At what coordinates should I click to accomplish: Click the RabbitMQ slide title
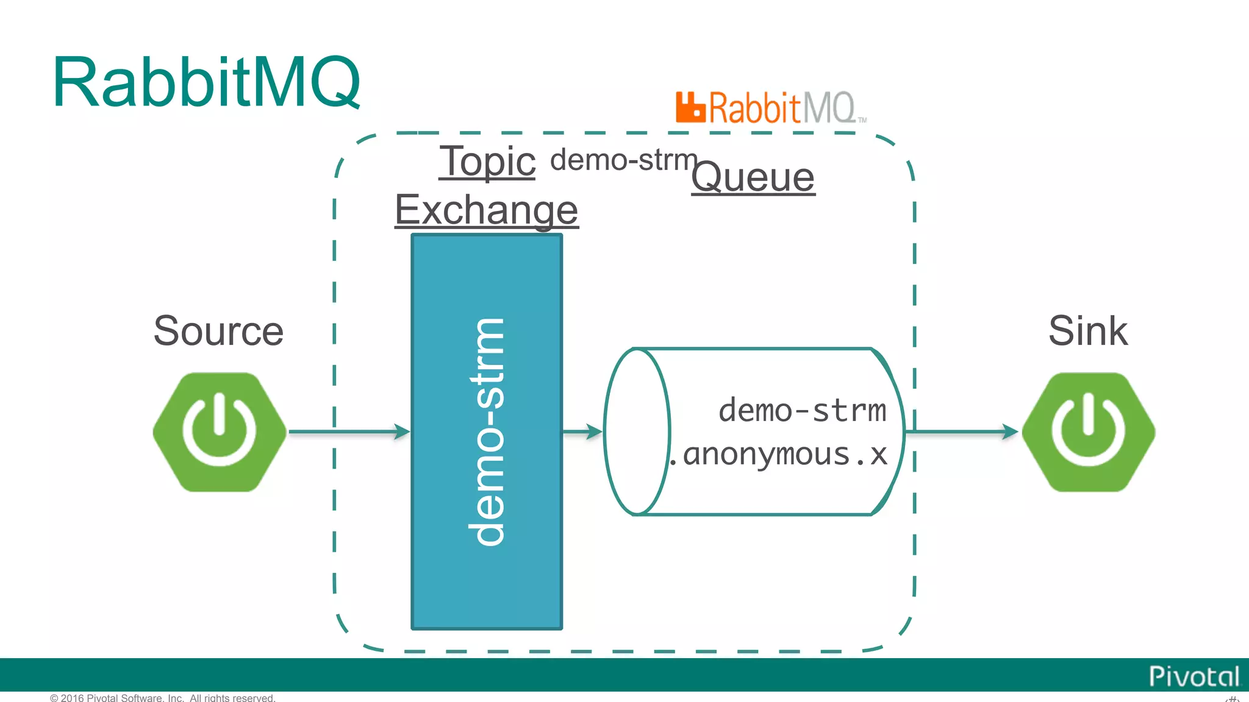[206, 82]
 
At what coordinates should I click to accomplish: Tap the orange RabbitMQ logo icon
[690, 107]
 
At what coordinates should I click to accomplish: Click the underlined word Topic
[487, 161]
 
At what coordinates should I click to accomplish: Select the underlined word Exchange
[486, 209]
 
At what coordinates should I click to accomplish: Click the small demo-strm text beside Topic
[623, 160]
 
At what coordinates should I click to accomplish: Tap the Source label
[218, 331]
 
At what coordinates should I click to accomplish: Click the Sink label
[1087, 331]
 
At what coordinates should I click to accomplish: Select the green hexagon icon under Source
[219, 431]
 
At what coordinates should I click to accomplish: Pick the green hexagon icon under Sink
[1088, 431]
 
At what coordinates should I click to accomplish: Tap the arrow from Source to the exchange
[348, 431]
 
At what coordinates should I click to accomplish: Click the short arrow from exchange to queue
[582, 431]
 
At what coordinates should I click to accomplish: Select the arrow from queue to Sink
[961, 431]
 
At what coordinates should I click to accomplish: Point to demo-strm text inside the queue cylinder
[802, 410]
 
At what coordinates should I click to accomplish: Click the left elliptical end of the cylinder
[637, 431]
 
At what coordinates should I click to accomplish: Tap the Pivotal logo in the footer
[1194, 676]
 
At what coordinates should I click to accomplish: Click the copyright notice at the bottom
[162, 697]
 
